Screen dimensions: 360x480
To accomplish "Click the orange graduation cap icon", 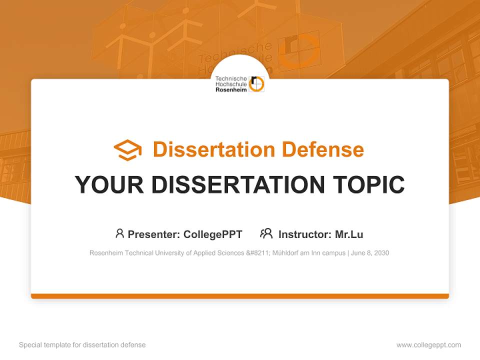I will (127, 150).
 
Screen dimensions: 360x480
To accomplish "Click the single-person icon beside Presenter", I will (119, 233).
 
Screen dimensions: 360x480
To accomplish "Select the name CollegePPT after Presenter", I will (213, 234).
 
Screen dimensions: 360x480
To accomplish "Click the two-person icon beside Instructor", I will (266, 233).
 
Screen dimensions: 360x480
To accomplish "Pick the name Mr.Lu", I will (349, 234).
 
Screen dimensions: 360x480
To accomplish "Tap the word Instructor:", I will (304, 234).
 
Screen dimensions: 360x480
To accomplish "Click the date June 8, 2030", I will (370, 253).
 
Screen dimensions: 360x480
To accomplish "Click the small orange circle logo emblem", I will (256, 84).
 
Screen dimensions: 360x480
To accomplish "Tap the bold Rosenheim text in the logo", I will (231, 90).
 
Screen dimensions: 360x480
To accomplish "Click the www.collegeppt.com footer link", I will (428, 345).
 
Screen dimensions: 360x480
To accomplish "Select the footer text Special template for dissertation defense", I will (82, 345).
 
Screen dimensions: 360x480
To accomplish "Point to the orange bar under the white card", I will (240, 296).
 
